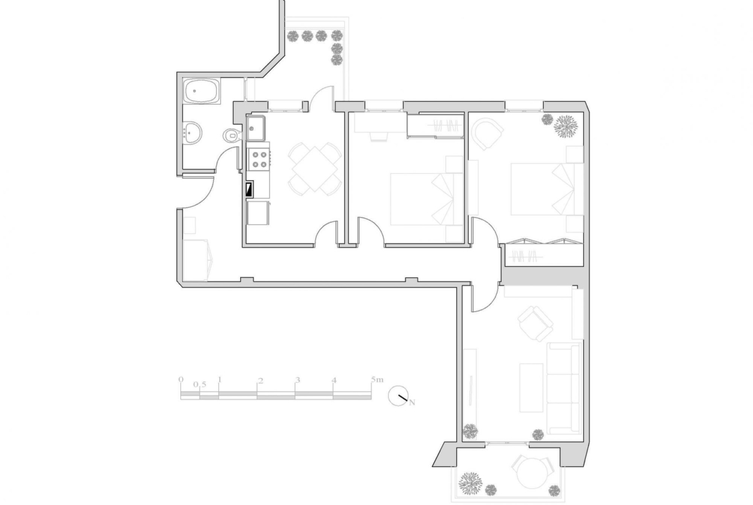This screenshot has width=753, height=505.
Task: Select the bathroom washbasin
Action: [x=193, y=131]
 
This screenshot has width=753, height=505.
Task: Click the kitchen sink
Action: [x=256, y=127]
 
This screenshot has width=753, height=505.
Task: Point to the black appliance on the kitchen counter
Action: [x=249, y=189]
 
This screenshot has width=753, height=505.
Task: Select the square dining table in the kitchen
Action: [x=315, y=169]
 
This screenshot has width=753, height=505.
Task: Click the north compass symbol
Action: [x=398, y=396]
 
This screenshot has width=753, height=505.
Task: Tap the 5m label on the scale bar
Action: [x=377, y=379]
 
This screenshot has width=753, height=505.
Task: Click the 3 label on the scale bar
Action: [x=297, y=380]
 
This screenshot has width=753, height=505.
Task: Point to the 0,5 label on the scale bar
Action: [x=200, y=384]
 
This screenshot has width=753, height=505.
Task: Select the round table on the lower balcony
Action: [x=534, y=472]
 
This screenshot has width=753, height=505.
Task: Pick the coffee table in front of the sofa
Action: [x=531, y=387]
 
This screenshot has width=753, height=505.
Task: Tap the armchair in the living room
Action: [x=535, y=324]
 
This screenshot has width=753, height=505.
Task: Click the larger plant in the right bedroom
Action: [x=565, y=127]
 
